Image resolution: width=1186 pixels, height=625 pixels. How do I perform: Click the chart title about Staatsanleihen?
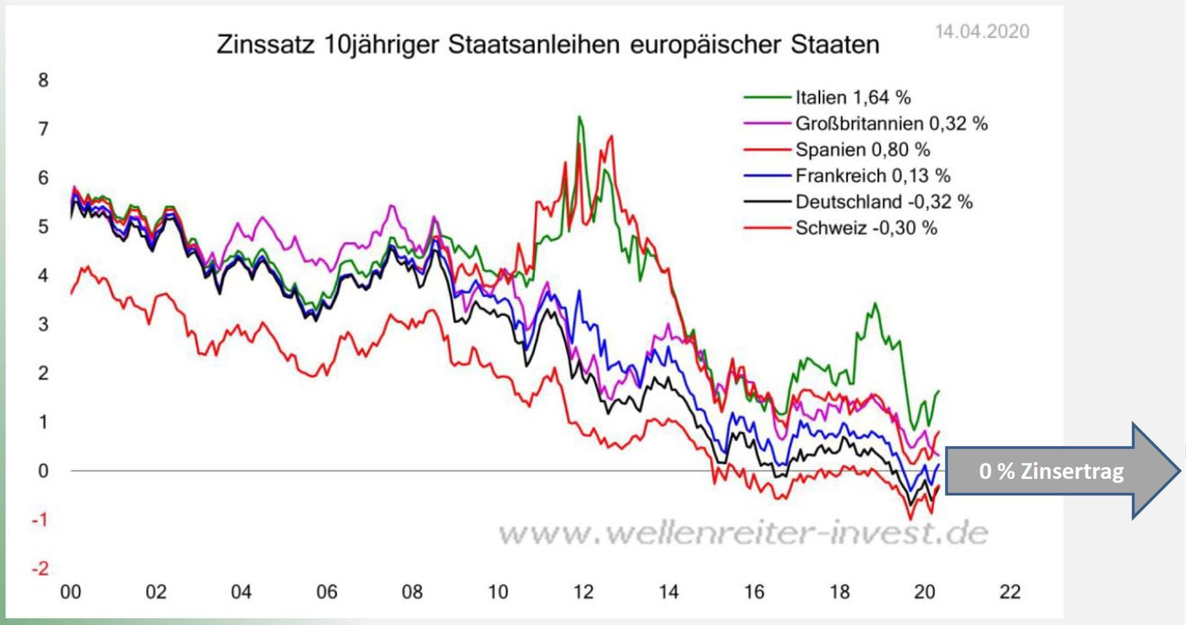click(x=548, y=44)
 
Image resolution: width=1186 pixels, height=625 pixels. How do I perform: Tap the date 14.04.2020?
click(x=981, y=31)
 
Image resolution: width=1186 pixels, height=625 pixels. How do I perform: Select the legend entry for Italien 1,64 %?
click(x=852, y=98)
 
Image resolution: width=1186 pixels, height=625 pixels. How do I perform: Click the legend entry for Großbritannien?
click(x=891, y=124)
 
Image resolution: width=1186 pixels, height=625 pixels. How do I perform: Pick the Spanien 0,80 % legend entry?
click(x=862, y=150)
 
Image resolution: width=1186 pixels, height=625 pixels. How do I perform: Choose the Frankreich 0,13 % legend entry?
click(x=873, y=176)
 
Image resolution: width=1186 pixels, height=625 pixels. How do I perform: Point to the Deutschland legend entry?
click(x=884, y=202)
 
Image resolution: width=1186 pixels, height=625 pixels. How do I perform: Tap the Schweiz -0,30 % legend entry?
click(x=866, y=228)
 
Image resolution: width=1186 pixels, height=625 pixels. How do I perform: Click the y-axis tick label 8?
click(x=43, y=80)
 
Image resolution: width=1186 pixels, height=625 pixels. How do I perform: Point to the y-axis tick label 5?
click(x=43, y=227)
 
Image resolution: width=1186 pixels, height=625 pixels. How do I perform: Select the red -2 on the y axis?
click(x=40, y=569)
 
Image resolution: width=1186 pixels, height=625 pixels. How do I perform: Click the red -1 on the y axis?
click(x=40, y=520)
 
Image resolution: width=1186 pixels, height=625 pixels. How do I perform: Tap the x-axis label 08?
click(x=412, y=592)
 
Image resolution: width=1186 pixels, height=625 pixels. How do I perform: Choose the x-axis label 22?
click(x=1010, y=592)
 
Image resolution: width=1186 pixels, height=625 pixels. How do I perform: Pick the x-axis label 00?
click(x=71, y=592)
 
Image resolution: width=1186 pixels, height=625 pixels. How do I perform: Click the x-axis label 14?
click(x=669, y=592)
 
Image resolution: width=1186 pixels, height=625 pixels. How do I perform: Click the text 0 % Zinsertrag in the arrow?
click(x=1051, y=471)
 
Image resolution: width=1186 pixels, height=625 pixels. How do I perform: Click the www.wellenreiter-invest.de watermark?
click(x=743, y=533)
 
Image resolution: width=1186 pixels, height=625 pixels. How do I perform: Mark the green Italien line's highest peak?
click(x=579, y=117)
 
